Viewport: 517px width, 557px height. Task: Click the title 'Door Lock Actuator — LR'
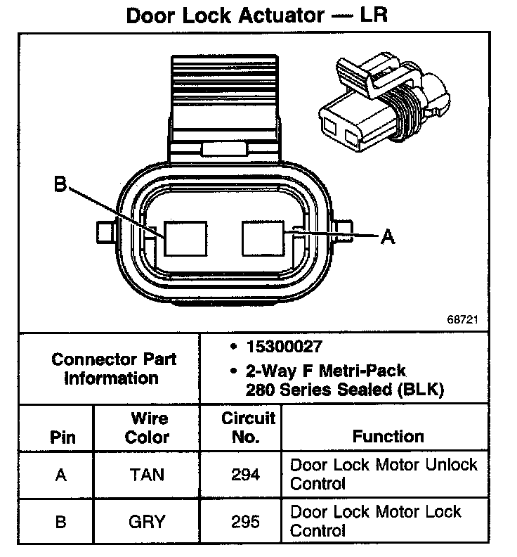click(256, 15)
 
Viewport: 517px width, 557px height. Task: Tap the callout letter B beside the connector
click(61, 185)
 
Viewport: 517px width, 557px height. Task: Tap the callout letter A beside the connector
click(386, 238)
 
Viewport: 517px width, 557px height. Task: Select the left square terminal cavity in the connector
click(185, 238)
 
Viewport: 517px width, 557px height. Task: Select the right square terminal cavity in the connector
click(263, 238)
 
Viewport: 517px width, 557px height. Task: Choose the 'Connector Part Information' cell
click(113, 369)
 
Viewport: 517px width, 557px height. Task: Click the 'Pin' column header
click(62, 437)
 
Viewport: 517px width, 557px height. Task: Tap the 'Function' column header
click(388, 437)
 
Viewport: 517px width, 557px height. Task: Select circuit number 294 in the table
click(245, 475)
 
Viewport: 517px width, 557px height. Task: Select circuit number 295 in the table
click(245, 521)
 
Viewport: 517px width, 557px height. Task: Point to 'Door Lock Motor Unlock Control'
click(384, 474)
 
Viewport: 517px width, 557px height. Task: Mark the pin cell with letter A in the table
click(61, 475)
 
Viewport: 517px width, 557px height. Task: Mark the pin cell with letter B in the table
click(61, 521)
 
